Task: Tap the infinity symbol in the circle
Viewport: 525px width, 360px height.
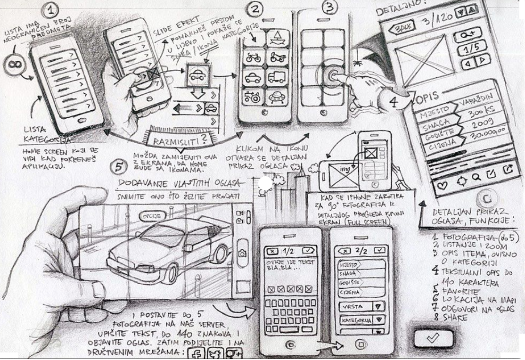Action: [14, 65]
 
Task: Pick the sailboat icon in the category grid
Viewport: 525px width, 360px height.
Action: [278, 37]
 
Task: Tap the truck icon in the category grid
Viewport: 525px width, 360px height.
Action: [278, 77]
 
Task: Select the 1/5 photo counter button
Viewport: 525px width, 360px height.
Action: [467, 49]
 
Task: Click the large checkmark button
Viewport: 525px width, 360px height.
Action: [433, 337]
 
